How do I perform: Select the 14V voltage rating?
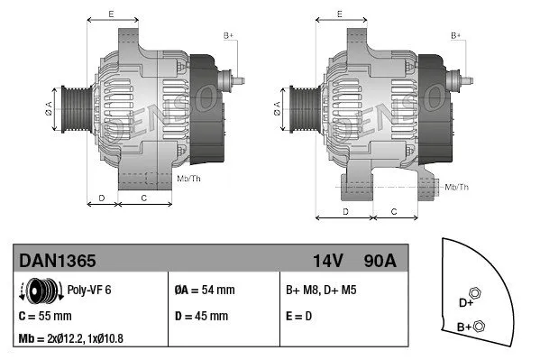[x=328, y=261]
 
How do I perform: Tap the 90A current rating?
[x=379, y=261]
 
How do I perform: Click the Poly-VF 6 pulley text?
[x=89, y=291]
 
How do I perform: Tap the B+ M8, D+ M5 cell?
[x=321, y=291]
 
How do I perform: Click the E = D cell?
[x=298, y=316]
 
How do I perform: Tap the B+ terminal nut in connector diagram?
[x=480, y=326]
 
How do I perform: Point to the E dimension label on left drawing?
[x=110, y=14]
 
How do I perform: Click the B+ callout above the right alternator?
[x=456, y=34]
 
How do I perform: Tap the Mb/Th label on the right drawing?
[x=458, y=187]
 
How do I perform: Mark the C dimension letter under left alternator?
[x=143, y=196]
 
